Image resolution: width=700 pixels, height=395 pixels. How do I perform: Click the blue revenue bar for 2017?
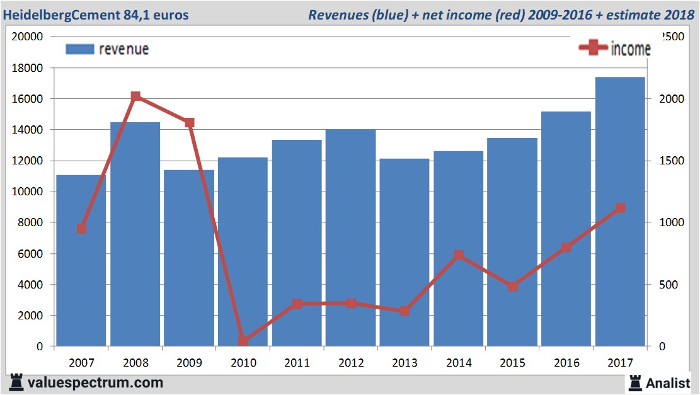coord(620,212)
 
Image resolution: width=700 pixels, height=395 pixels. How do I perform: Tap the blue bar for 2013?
coord(405,252)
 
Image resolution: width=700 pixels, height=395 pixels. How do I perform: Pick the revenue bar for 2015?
coord(512,242)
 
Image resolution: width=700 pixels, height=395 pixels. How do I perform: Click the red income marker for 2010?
coord(243,341)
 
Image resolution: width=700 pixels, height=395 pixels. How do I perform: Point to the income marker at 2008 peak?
coord(135,96)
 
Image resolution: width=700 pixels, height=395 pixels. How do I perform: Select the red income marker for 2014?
coord(459,255)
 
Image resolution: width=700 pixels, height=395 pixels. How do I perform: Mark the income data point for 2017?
coord(620,208)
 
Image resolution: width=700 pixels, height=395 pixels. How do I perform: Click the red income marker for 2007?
coord(81,229)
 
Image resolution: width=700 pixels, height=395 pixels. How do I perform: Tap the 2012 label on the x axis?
coord(351,363)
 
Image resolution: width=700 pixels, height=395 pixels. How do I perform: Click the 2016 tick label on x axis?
coord(566,363)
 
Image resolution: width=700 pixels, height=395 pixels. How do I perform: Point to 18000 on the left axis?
coord(28,68)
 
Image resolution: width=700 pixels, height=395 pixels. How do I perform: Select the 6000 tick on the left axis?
coord(30,254)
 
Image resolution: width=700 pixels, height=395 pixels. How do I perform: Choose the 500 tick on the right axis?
coord(668,285)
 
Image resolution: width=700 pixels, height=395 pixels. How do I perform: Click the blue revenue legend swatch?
coord(79,49)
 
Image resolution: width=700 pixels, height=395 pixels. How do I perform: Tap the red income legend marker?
coord(593,48)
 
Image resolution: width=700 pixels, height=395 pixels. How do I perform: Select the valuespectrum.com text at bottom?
coord(95,382)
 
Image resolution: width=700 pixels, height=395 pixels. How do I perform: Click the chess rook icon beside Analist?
coord(635,382)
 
